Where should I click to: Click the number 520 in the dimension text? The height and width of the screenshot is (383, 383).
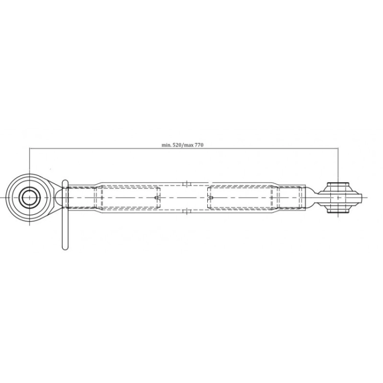tap(177, 145)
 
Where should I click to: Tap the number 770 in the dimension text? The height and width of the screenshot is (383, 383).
tap(199, 145)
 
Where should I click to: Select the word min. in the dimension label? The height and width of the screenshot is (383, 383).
tap(166, 145)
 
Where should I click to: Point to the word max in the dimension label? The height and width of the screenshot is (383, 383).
tap(189, 146)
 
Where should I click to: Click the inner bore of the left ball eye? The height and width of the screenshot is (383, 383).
tap(30, 197)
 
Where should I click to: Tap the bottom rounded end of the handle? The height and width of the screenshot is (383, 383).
tap(65, 247)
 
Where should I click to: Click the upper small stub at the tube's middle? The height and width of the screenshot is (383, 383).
tap(186, 183)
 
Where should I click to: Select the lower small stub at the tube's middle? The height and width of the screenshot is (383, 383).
tap(186, 211)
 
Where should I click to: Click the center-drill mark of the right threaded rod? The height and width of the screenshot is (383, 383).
tap(210, 197)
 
